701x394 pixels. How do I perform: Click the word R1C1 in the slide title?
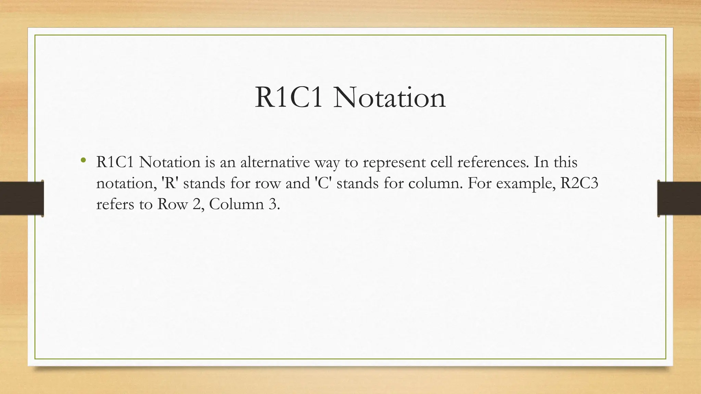[289, 98]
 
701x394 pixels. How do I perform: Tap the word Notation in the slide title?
[389, 98]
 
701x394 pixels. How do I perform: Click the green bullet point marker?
[83, 160]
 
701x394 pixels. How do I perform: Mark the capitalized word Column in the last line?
[232, 204]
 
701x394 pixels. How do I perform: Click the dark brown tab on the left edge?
[22, 198]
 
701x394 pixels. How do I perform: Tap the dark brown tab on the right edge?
[679, 198]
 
